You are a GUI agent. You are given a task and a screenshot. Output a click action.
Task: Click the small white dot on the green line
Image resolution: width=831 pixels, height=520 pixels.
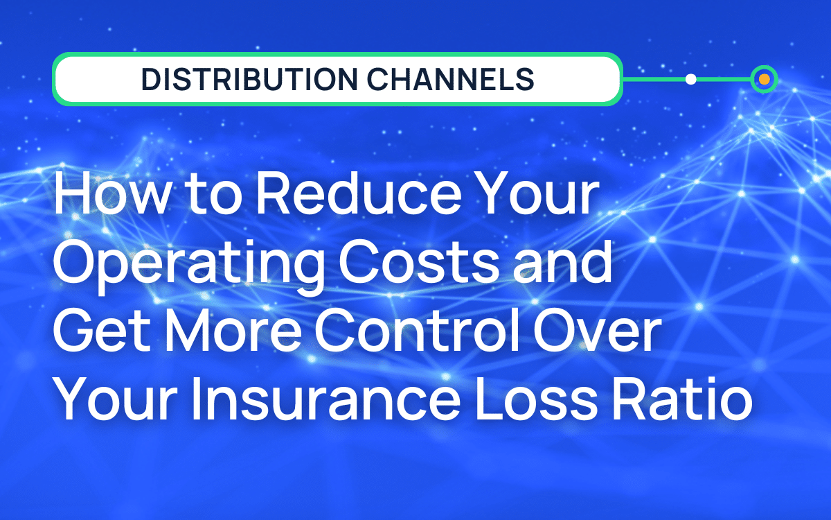tap(690, 80)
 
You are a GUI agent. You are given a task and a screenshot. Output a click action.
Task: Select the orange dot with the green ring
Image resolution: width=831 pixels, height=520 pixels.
tap(764, 80)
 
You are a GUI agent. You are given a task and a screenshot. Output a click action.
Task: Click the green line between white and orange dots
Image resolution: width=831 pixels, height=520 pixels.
tap(724, 80)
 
